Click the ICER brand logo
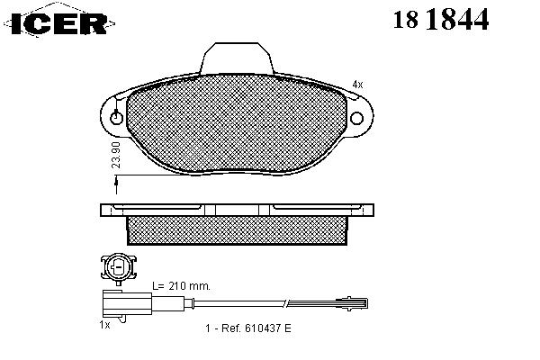tap(58, 22)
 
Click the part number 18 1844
tap(441, 19)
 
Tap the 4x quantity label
tap(357, 85)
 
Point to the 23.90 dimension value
tap(117, 155)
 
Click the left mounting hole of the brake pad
tap(116, 118)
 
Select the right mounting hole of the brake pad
tap(356, 118)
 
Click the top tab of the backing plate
tap(237, 58)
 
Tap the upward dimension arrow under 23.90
tap(116, 185)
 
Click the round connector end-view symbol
tap(119, 267)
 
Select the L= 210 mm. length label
tap(182, 286)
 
